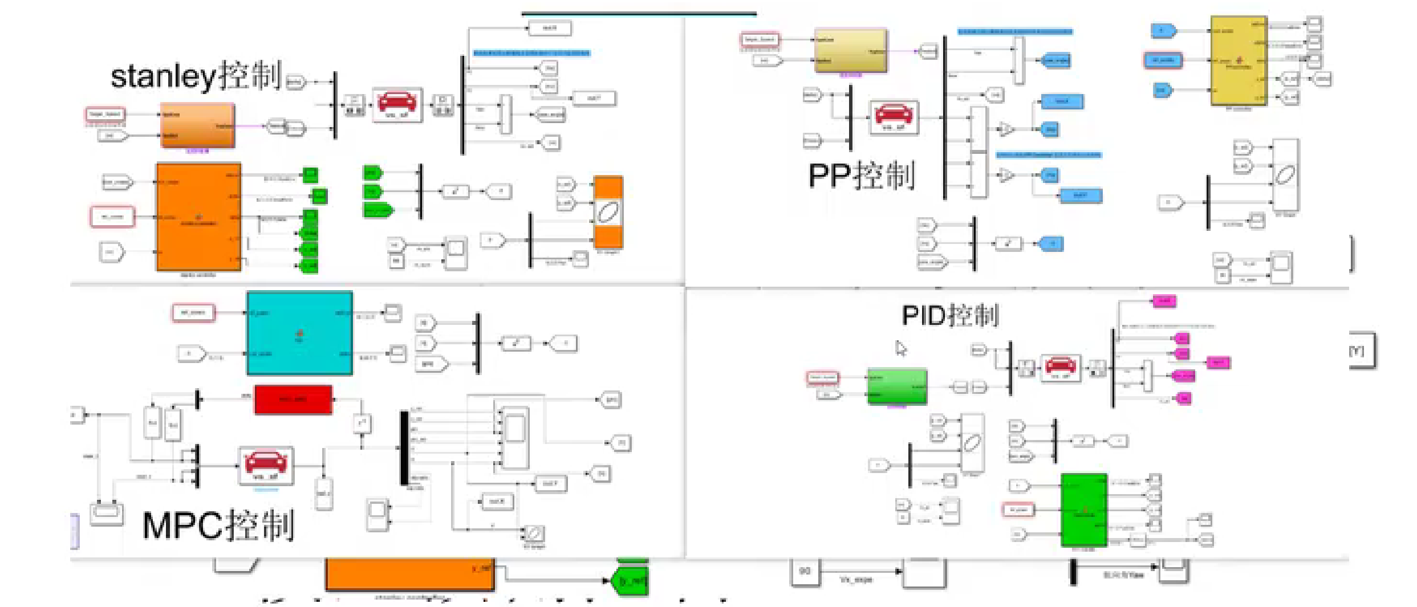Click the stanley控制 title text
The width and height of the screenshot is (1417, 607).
click(x=196, y=76)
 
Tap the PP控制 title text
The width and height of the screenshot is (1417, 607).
click(x=861, y=176)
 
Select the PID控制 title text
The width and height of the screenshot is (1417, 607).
click(x=950, y=315)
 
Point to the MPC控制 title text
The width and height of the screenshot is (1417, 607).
click(x=218, y=525)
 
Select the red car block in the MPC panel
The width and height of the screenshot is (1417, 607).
click(x=266, y=465)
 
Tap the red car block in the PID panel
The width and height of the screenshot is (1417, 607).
click(x=1060, y=367)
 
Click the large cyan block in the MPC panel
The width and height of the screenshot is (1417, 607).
click(x=299, y=333)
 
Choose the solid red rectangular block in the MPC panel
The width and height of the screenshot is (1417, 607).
click(x=293, y=399)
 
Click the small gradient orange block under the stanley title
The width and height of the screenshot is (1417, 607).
click(x=197, y=125)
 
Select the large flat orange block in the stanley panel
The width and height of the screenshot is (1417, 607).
click(x=198, y=217)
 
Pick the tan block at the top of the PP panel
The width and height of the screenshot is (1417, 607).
click(x=850, y=51)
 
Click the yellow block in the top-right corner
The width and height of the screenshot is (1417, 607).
click(x=1238, y=60)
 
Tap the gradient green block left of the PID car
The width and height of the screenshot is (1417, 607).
click(x=896, y=386)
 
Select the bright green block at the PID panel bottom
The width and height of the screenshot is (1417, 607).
click(x=1083, y=510)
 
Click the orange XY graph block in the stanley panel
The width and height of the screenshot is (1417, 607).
click(x=608, y=213)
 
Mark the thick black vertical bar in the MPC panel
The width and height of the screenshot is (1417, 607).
click(x=404, y=448)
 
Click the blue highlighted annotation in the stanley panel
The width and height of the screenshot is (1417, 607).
click(x=531, y=53)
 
